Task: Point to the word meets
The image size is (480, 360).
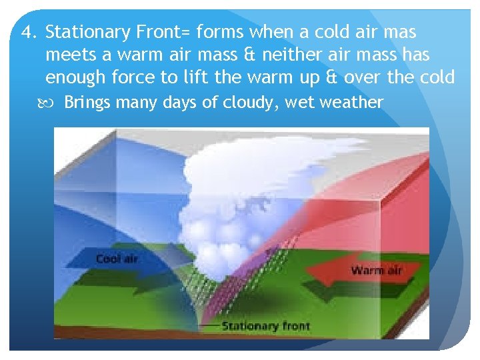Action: [71, 55]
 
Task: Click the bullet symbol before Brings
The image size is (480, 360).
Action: [53, 102]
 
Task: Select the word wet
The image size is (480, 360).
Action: [299, 103]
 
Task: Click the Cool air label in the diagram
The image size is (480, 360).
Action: [117, 259]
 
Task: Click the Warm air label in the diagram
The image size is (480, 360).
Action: [376, 271]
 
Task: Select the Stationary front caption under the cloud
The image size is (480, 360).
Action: [265, 326]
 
